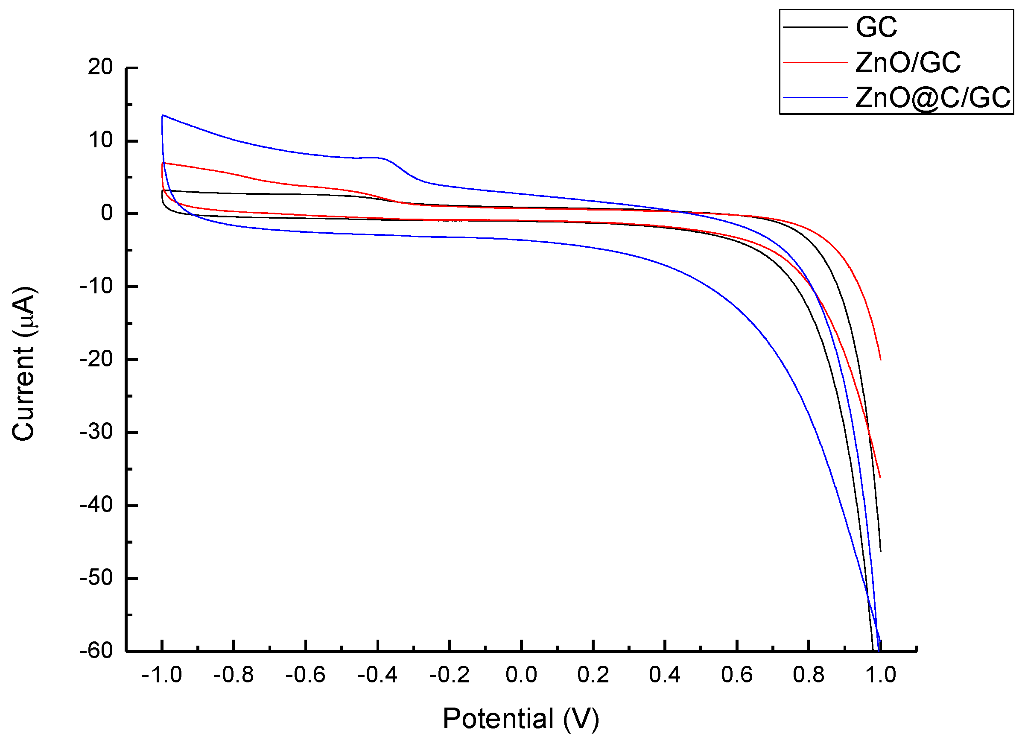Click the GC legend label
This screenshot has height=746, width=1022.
[875, 27]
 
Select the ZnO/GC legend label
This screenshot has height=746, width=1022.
[907, 62]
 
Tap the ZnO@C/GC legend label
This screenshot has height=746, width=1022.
[933, 97]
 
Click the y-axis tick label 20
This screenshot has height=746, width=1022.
[100, 67]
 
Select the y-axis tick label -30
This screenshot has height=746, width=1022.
[96, 432]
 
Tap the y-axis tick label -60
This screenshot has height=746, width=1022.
[96, 651]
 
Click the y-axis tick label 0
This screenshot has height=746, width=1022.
[107, 213]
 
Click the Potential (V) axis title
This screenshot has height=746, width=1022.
[520, 718]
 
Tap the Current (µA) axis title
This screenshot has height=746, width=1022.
[23, 363]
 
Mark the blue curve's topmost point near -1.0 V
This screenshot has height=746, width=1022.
[163, 115]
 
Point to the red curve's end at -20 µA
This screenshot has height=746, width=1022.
[880, 360]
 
